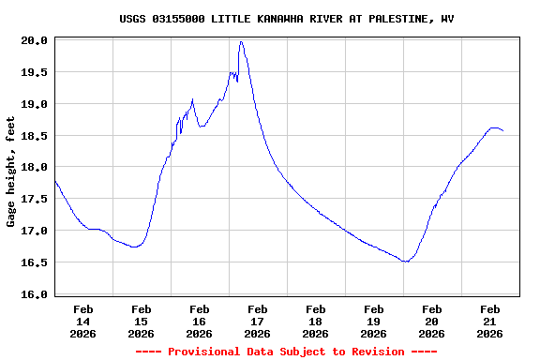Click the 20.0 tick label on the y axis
tap(36, 40)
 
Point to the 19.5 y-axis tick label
tap(36, 72)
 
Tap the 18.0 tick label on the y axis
tap(36, 167)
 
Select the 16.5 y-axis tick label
tap(36, 262)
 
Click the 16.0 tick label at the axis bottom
tap(36, 294)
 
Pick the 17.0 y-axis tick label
tap(36, 231)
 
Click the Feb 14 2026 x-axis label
tap(82, 321)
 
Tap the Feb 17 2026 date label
tap(257, 321)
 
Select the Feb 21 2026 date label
tap(489, 321)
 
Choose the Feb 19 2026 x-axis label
tap(373, 321)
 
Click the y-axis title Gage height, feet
tap(11, 172)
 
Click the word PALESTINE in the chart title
tap(380, 19)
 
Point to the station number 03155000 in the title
tap(181, 19)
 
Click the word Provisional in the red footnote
tap(201, 352)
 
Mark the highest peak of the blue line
tap(241, 41)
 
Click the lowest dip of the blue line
tap(405, 262)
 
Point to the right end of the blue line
tap(503, 130)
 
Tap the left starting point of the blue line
tap(55, 180)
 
